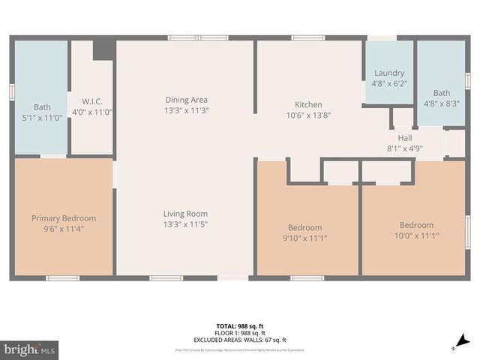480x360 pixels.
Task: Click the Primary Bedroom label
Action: pos(64,218)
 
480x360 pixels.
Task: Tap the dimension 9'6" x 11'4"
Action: pos(64,229)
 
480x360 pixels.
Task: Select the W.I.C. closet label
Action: pos(91,100)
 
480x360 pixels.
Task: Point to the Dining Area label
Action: pos(187,100)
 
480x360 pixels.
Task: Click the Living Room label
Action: pos(186,214)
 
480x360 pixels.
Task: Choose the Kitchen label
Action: pos(308,105)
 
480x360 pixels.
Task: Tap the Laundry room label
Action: pos(389,73)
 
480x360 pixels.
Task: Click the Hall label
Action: pos(404,138)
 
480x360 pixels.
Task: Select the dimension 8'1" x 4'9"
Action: pos(404,148)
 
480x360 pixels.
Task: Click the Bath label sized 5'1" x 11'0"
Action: pos(42,107)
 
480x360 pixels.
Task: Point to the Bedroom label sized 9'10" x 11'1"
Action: pos(305,228)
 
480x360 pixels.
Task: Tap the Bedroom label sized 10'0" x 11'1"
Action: pos(415,225)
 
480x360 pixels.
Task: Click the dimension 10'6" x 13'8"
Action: pos(308,115)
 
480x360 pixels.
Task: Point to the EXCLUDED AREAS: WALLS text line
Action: pos(239,338)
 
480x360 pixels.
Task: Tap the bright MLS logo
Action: pos(30,349)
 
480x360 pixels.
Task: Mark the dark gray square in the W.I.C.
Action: pos(103,49)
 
